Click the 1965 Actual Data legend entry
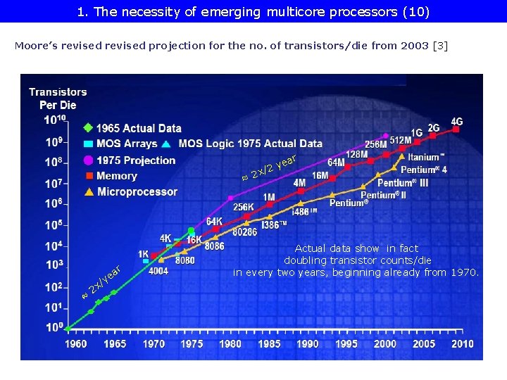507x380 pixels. click(x=138, y=128)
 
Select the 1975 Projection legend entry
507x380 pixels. click(x=135, y=160)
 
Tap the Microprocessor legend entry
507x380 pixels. click(x=137, y=191)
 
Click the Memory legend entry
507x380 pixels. click(x=116, y=176)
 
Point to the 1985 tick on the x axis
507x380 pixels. click(x=269, y=344)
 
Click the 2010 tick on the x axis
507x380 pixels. click(x=462, y=344)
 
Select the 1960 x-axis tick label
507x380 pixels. click(x=76, y=344)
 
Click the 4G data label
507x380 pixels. click(x=457, y=121)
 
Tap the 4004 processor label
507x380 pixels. click(x=158, y=271)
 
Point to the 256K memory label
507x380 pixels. click(x=244, y=207)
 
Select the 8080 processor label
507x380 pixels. click(x=184, y=260)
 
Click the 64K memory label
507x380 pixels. click(x=215, y=221)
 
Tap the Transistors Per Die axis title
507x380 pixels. click(x=58, y=99)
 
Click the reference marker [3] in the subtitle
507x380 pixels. click(x=439, y=46)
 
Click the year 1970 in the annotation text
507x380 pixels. click(x=464, y=272)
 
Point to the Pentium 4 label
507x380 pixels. click(x=424, y=170)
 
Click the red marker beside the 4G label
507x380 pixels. click(x=456, y=129)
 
